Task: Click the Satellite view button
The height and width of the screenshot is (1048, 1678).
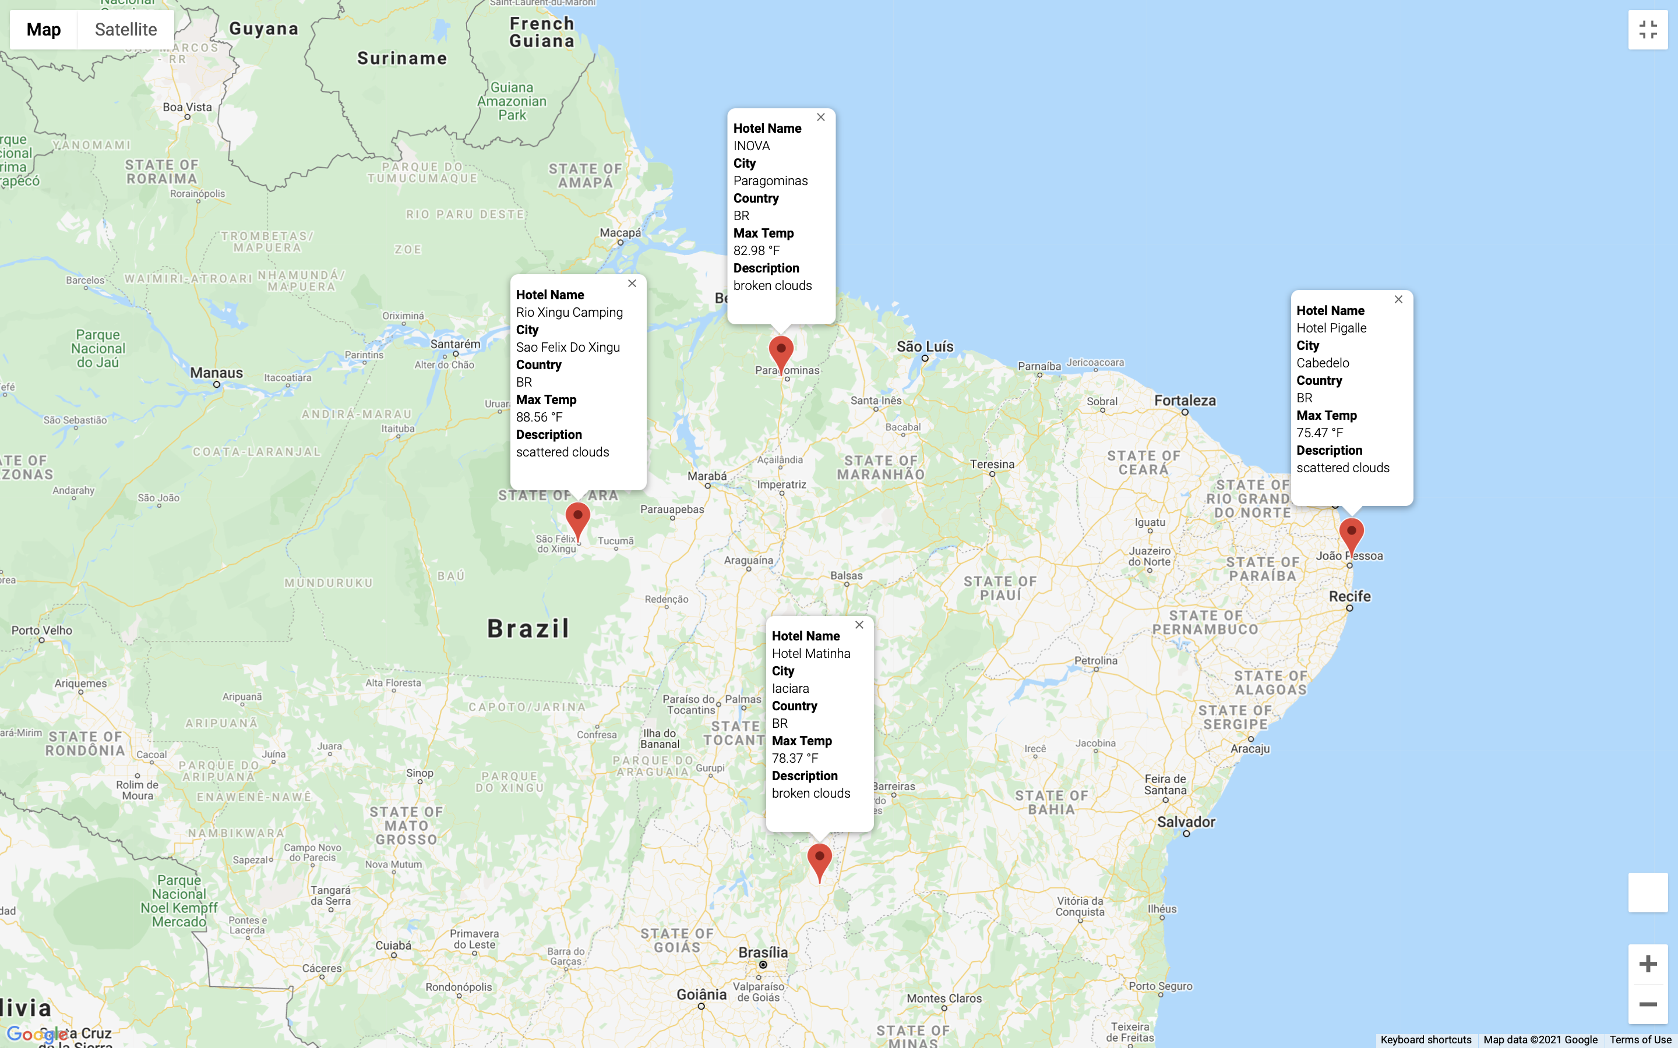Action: pos(125,29)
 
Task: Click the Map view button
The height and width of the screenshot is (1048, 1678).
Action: pos(44,29)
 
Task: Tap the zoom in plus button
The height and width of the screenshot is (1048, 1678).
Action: pos(1648,964)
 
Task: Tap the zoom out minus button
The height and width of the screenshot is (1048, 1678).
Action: pos(1648,1004)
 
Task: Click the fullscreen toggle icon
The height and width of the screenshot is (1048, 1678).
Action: pos(1648,30)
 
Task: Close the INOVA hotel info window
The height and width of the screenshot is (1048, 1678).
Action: pos(821,117)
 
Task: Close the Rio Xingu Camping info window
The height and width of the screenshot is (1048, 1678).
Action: pos(632,284)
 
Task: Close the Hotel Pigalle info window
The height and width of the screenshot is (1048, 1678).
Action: pos(1398,299)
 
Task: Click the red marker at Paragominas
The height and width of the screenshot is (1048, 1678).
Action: pos(781,352)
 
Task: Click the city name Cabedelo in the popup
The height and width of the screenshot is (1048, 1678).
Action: pos(1322,363)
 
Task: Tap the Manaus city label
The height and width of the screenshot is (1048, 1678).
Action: pos(216,373)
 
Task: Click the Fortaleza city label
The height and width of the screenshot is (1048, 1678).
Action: pos(1185,401)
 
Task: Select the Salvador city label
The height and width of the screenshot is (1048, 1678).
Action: pos(1186,822)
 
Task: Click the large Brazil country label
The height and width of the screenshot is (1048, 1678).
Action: pos(528,629)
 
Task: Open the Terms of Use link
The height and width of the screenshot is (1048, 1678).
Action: pos(1640,1040)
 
